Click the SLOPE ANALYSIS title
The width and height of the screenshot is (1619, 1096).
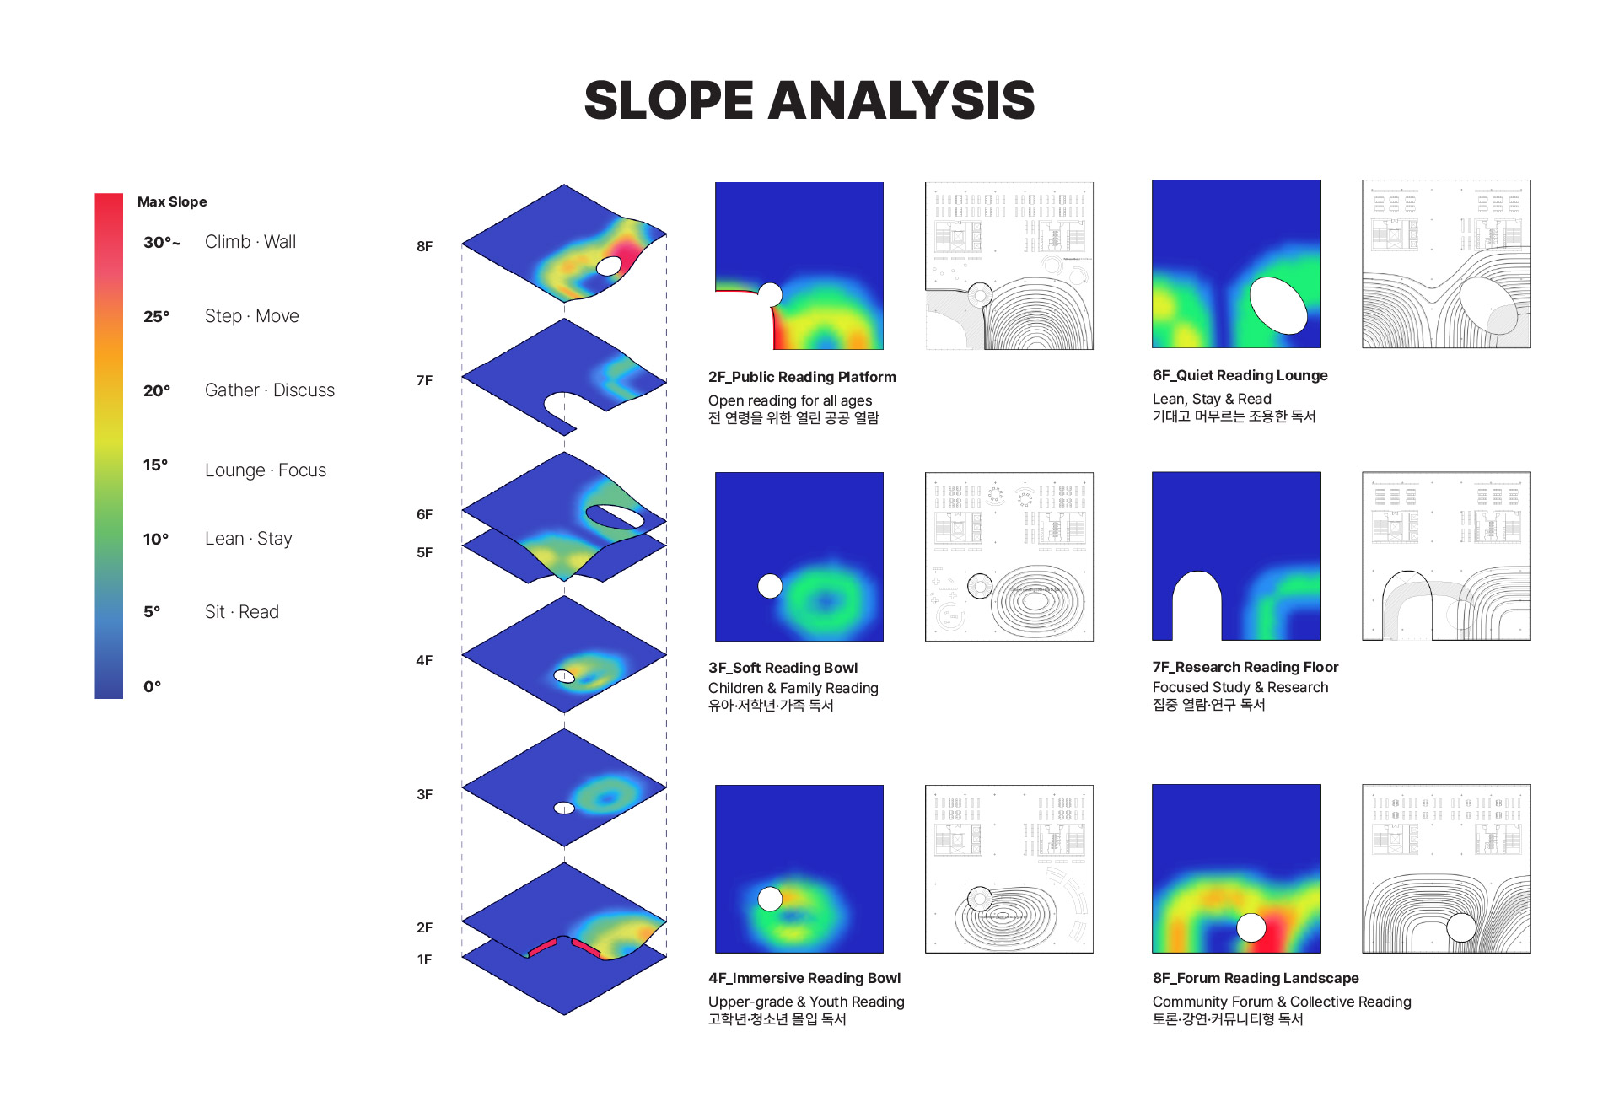point(809,100)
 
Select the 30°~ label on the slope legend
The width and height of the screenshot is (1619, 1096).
point(162,243)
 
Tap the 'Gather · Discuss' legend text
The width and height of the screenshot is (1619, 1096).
point(270,390)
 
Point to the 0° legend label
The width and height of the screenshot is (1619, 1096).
point(152,686)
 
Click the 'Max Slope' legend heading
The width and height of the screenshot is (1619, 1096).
point(172,201)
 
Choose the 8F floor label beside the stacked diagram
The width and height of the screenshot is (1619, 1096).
point(424,246)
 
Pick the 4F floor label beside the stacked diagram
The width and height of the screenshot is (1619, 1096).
point(424,660)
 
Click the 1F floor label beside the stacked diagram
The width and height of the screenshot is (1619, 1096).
point(424,959)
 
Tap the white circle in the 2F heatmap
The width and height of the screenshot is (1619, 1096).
point(770,294)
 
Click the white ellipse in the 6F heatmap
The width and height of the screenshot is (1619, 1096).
point(1278,305)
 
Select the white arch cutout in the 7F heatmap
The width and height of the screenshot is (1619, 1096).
point(1197,605)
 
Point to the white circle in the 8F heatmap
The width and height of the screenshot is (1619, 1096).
point(1251,927)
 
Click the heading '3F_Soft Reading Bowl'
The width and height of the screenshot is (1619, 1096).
point(783,668)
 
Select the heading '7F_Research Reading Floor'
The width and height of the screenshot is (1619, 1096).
point(1245,667)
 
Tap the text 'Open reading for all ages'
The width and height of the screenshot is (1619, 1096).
point(790,400)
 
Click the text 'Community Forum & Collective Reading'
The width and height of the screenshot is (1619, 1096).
point(1282,1002)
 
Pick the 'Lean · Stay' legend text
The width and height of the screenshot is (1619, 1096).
point(249,539)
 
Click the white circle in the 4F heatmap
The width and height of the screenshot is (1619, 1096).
point(770,899)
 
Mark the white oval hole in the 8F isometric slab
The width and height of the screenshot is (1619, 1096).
point(609,266)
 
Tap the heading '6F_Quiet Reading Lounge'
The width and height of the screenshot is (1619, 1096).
point(1240,375)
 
